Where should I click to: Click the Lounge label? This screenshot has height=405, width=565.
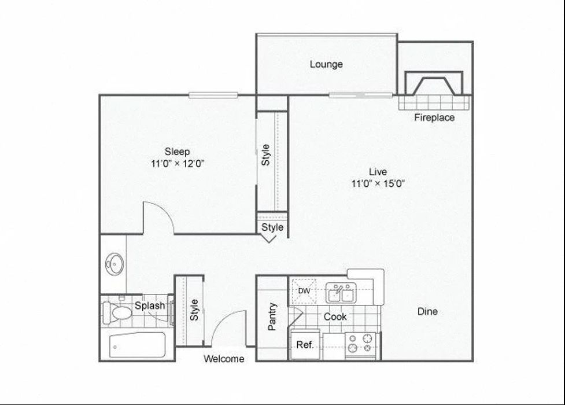coord(326,64)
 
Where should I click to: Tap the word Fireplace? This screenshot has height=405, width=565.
coord(434,117)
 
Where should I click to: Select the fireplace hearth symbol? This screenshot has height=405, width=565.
coord(434,84)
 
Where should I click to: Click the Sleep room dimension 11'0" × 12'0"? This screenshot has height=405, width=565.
coord(178,164)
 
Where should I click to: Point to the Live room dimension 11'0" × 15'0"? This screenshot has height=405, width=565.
coord(378,184)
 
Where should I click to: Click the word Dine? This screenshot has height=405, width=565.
coord(427,311)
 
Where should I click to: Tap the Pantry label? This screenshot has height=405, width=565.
coord(272,316)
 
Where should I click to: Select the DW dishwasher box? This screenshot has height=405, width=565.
coord(304,290)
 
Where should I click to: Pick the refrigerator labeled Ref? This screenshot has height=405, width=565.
coord(305,345)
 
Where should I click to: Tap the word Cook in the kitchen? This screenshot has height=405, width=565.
coord(335,316)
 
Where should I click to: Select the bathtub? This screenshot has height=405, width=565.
coord(138,345)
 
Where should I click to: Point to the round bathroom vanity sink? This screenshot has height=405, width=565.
coord(114,265)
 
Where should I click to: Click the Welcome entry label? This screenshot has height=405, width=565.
coord(224,359)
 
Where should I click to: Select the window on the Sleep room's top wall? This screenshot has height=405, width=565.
coord(213,95)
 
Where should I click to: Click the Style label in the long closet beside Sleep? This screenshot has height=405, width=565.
coord(266,154)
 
